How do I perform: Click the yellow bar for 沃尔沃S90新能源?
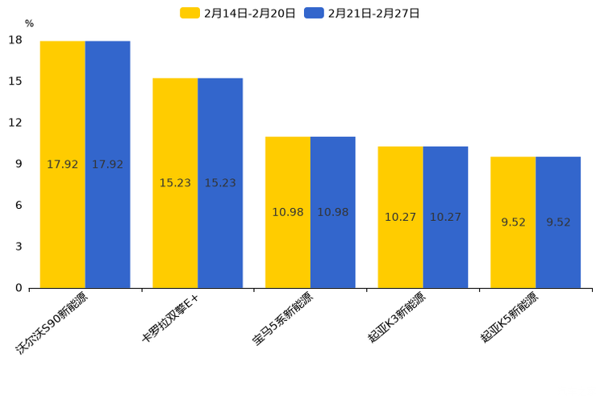coord(63,165)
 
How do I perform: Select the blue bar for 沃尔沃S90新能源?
coord(107,165)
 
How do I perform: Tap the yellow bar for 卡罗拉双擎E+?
coord(175,183)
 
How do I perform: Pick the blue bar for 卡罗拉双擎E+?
coord(220,183)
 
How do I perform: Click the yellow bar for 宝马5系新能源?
coord(288,212)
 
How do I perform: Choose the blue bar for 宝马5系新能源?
coord(333,212)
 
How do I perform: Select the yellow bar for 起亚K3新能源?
coord(401,217)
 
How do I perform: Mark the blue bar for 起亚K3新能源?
coord(445,217)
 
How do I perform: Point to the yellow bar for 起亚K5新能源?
coord(513,223)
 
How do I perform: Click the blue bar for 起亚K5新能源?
coord(558,223)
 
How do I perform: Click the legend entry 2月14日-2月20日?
coord(238,13)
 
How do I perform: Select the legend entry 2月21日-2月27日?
coord(362,13)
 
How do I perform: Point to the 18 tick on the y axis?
coord(15,40)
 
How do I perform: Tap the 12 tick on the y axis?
coord(15,123)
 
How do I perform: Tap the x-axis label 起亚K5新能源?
coord(510,319)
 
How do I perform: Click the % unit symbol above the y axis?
coord(29,24)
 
